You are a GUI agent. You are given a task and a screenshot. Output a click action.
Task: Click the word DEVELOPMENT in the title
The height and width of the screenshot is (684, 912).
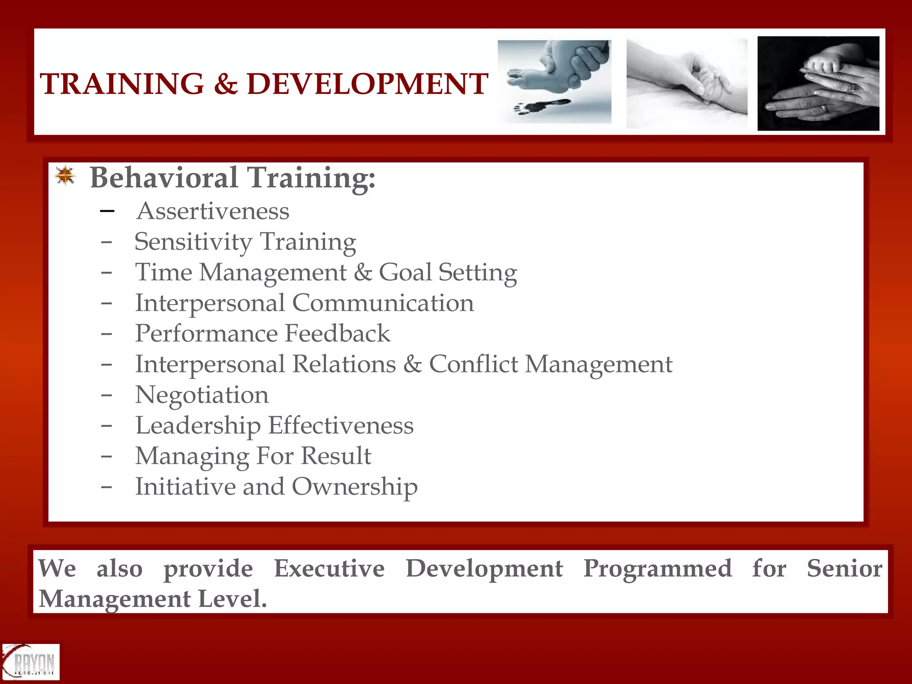tap(367, 84)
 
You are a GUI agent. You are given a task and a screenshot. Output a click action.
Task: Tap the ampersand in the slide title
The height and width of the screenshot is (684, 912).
tap(225, 84)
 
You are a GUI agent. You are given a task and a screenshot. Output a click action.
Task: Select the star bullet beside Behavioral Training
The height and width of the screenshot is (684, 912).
tap(65, 176)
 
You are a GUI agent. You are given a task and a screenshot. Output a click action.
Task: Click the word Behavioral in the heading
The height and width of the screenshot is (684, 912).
tap(164, 178)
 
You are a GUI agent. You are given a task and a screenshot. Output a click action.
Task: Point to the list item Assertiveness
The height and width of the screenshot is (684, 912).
tap(213, 211)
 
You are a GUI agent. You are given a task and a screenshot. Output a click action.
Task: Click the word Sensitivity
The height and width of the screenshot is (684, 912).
tap(193, 242)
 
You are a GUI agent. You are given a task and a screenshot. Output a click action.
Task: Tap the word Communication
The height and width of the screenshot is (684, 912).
tap(383, 303)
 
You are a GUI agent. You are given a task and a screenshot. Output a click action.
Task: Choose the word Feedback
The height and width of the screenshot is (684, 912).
tap(337, 334)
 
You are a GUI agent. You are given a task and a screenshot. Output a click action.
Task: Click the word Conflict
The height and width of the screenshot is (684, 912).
tap(473, 364)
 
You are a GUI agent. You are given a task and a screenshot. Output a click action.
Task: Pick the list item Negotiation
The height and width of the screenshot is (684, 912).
tap(202, 395)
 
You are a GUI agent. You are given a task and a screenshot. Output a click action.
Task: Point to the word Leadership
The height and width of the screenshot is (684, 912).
tap(198, 426)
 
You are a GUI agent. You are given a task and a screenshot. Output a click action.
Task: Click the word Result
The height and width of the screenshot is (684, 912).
tap(336, 456)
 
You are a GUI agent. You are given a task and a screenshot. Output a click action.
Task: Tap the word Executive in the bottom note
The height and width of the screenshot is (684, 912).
tap(329, 569)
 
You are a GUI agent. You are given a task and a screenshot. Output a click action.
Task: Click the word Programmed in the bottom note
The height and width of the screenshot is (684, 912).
tap(657, 569)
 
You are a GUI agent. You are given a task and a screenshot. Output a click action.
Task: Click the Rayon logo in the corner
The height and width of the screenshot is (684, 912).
tap(30, 662)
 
